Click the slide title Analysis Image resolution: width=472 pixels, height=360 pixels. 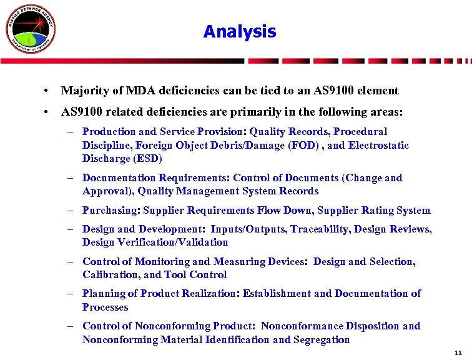pos(239,31)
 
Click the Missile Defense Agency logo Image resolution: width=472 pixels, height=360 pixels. pos(31,29)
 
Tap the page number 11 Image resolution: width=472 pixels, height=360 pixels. pos(458,352)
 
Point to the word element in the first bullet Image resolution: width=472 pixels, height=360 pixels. pos(376,91)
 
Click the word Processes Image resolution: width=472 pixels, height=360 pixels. pos(105,307)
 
